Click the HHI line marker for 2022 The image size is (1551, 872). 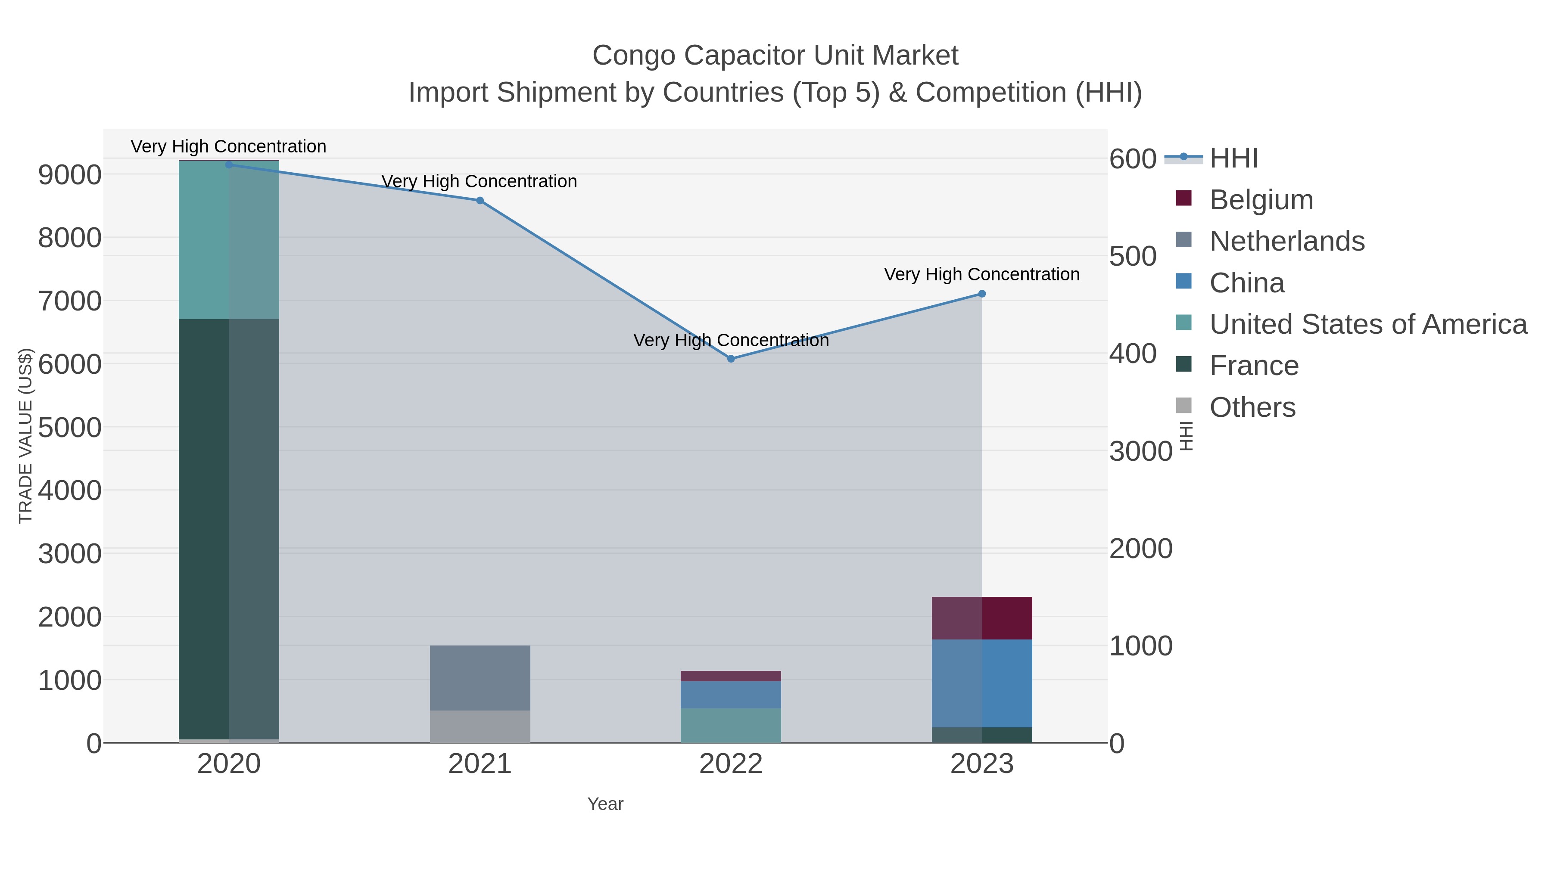point(731,359)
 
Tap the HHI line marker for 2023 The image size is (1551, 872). point(981,294)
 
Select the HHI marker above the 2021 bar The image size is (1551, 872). point(480,200)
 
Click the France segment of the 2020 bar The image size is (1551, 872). point(229,530)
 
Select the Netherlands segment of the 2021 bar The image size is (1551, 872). point(480,678)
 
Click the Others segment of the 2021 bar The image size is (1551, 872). point(480,726)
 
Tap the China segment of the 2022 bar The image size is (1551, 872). point(731,695)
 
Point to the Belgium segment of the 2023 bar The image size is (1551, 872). point(981,618)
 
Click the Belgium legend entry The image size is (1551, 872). point(1261,199)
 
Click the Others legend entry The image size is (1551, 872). point(1252,407)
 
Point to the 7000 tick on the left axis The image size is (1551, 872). point(70,301)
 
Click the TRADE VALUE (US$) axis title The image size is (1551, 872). point(25,436)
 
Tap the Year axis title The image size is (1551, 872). point(605,804)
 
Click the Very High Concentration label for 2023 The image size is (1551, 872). point(981,274)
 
